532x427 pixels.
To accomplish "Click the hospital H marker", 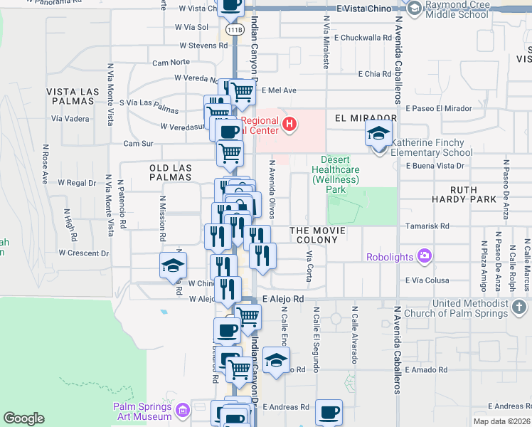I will click(289, 125).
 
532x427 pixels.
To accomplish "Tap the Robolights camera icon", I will click(425, 255).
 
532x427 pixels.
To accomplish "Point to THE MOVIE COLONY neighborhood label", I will click(317, 236).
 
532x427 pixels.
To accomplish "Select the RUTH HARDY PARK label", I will click(483, 194).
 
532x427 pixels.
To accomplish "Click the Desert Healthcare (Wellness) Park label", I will click(335, 175).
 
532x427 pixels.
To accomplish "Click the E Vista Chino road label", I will click(365, 9).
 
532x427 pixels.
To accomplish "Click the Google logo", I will click(23, 418).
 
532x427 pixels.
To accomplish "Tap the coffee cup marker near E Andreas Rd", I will click(329, 411).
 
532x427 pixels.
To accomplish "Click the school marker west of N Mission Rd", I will click(172, 265).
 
